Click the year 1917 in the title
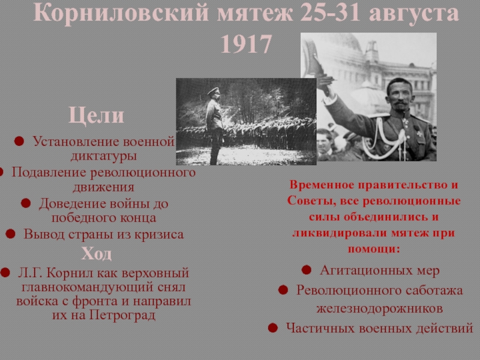pos(246,44)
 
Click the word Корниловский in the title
pos(121,13)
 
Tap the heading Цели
pos(96,115)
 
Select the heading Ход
pos(96,253)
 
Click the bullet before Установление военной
pos(19,141)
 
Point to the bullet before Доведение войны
pos(26,203)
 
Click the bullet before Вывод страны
pos(10,233)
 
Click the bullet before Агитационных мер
pos(307,269)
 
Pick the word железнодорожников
pos(380,308)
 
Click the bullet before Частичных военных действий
pos(273,328)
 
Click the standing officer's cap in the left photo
pos(214,91)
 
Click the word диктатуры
pos(103,156)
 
